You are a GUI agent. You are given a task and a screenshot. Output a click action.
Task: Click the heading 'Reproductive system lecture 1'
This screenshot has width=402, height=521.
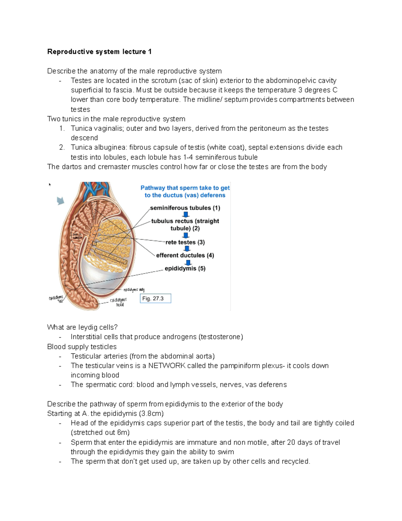tap(99, 52)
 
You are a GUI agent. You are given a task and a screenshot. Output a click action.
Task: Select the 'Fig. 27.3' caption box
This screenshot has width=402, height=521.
tap(155, 298)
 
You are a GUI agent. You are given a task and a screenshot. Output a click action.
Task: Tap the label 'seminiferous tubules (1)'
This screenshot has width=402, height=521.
tap(185, 208)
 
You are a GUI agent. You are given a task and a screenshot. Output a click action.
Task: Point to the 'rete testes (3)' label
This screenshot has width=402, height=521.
tap(185, 242)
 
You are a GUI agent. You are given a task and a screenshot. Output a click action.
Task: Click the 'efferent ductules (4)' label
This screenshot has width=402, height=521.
tap(185, 255)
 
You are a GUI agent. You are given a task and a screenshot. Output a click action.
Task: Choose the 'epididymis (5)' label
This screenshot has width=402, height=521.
tap(185, 268)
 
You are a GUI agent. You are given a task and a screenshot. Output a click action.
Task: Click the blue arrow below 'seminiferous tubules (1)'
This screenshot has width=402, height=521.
tap(186, 215)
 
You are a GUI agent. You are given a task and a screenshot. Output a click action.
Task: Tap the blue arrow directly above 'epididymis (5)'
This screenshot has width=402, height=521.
tap(188, 262)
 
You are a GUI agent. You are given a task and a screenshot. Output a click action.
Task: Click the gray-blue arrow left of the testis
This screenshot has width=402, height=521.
tap(60, 201)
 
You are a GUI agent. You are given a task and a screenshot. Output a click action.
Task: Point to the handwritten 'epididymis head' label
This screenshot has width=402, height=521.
tap(119, 302)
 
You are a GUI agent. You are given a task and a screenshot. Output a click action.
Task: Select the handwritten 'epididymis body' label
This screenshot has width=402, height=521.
tap(134, 290)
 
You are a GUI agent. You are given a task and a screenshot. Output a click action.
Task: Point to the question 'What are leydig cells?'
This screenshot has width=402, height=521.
tap(82, 327)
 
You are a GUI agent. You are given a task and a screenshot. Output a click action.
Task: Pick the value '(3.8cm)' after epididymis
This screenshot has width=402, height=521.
tap(152, 413)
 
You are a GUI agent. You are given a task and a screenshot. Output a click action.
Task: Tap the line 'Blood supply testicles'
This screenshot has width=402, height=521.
tap(82, 347)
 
